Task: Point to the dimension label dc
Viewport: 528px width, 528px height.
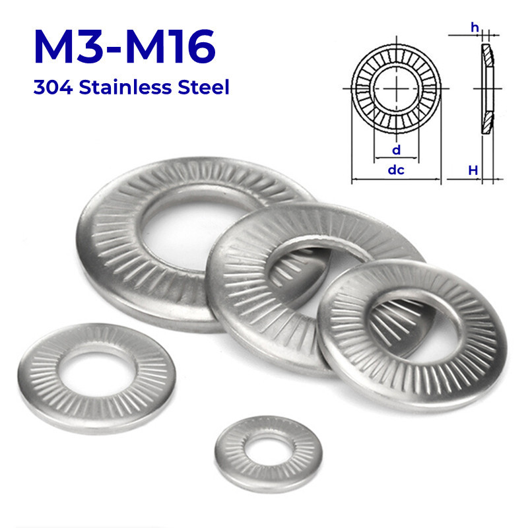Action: (395, 170)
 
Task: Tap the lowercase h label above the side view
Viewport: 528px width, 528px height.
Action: (475, 26)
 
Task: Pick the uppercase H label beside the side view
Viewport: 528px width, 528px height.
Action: (473, 170)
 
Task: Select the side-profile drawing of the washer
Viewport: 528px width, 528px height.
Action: (486, 89)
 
